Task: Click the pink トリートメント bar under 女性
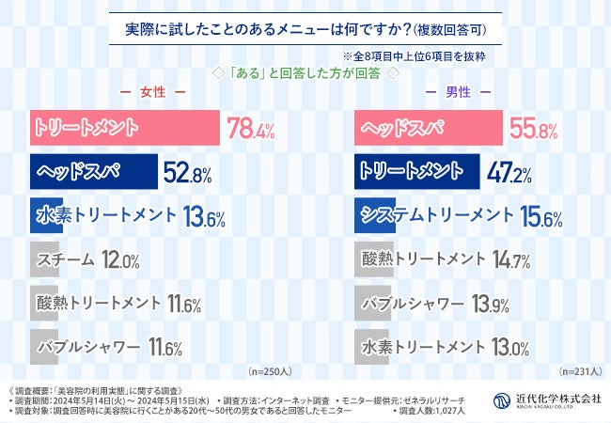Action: pos(122,128)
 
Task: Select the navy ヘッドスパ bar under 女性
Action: pos(92,172)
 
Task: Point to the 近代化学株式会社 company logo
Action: pos(548,399)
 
